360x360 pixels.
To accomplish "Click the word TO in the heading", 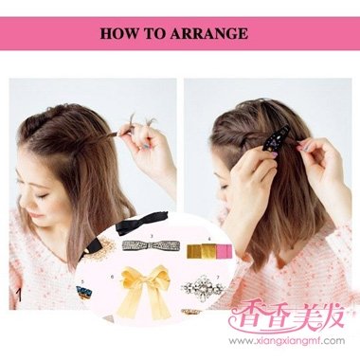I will (x=157, y=33).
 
